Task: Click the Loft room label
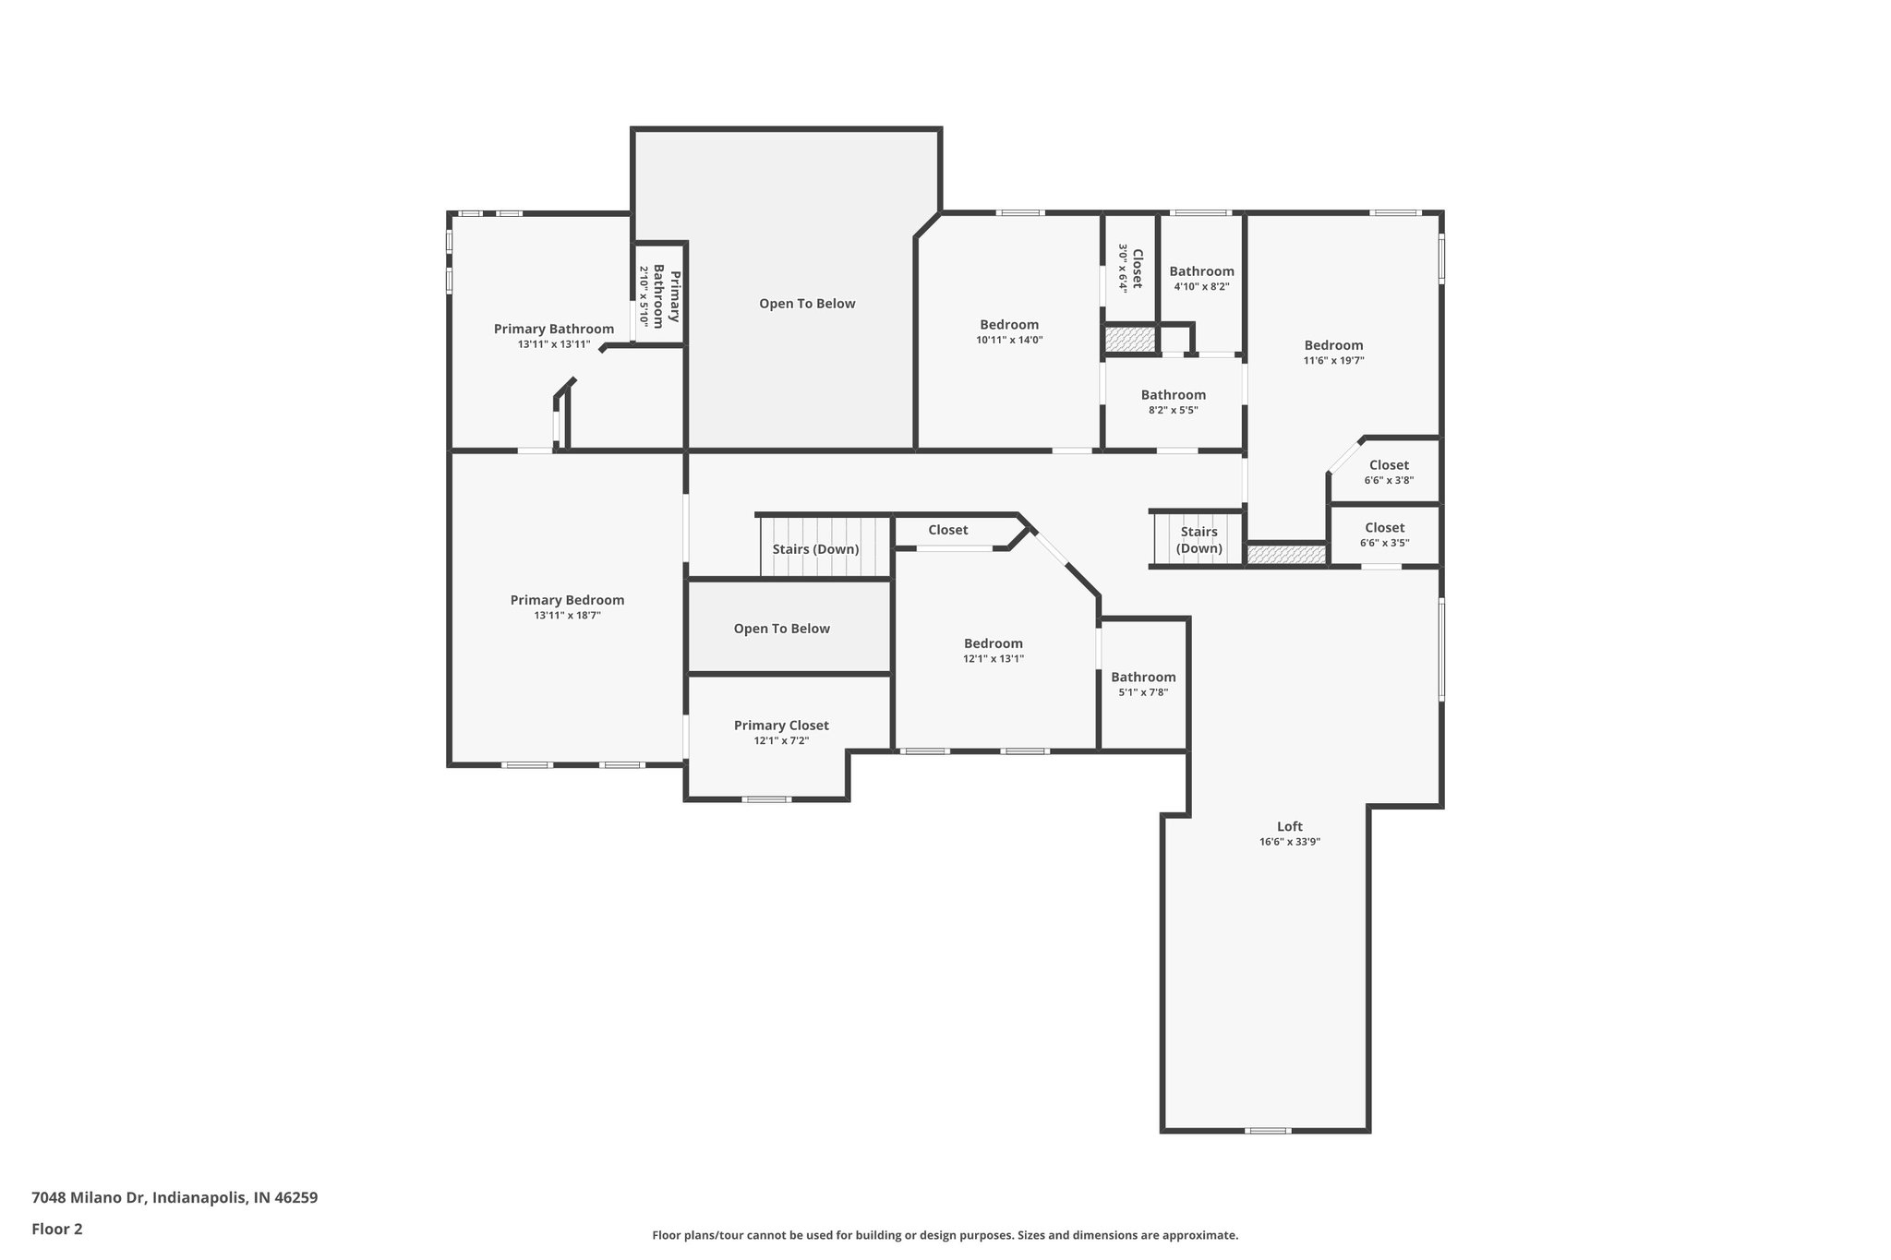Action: click(1290, 826)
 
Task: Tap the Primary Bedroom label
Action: click(567, 600)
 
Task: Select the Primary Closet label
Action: click(781, 726)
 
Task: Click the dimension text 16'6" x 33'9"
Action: click(1290, 842)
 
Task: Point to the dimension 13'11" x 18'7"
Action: click(567, 616)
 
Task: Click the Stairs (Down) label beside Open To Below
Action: click(816, 549)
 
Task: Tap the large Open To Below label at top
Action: click(807, 304)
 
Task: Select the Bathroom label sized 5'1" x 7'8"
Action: click(1143, 677)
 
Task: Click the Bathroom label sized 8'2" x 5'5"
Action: click(1174, 395)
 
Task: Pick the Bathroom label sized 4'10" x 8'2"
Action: click(1201, 271)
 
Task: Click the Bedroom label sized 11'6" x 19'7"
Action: click(1333, 345)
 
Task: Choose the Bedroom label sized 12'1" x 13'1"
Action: click(994, 643)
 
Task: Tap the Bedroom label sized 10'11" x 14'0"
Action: click(1009, 325)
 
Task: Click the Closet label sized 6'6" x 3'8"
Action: click(1389, 465)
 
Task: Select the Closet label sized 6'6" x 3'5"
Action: click(1384, 528)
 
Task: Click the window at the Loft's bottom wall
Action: click(1267, 1130)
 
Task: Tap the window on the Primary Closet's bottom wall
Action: click(766, 799)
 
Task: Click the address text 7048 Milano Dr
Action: click(89, 1198)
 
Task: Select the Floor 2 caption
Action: click(57, 1229)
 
